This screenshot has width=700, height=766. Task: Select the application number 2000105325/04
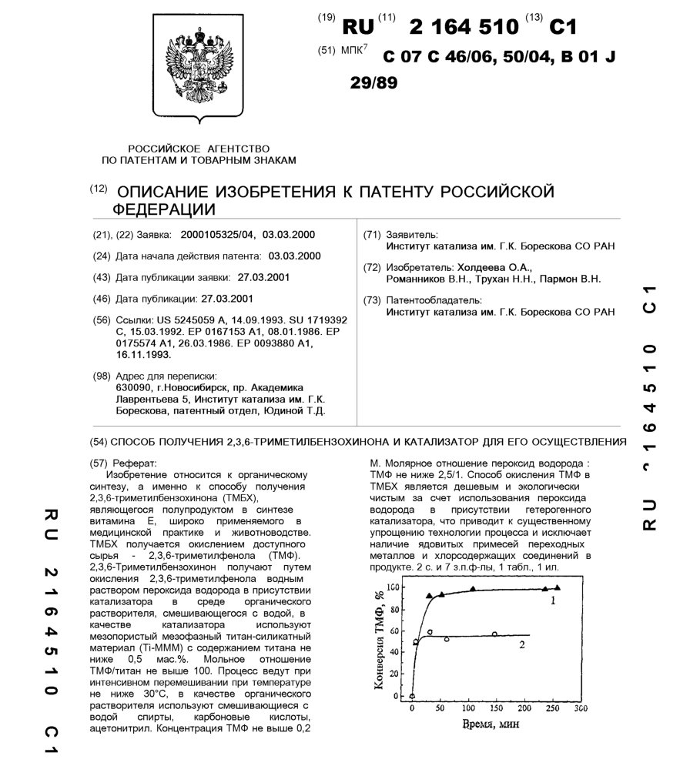coord(217,234)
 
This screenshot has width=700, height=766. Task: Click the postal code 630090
coord(132,388)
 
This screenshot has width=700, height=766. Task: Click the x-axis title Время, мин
coord(488,725)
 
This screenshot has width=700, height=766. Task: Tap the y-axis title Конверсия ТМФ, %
coord(380,639)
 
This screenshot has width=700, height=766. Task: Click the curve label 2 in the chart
coord(523,645)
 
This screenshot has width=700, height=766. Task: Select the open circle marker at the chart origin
coord(412,696)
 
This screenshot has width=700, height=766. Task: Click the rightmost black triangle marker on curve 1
coord(558,588)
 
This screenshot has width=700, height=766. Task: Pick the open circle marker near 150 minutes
coord(494,634)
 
